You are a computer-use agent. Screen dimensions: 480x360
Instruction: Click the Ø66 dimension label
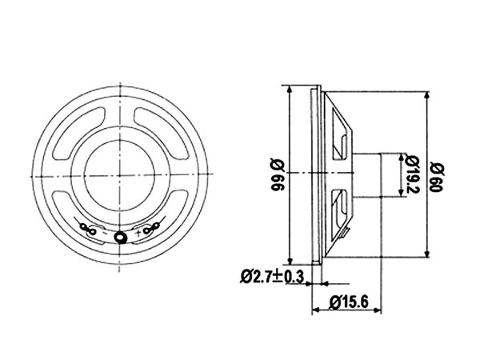coord(278,174)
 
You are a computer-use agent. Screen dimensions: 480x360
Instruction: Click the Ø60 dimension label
coord(436,178)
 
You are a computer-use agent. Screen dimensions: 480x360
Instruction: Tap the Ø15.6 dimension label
coord(349,302)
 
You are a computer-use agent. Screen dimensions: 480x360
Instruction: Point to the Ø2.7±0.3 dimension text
coord(272,277)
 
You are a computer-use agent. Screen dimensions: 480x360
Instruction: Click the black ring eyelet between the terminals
coord(121,237)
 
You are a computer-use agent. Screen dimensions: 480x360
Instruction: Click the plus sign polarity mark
coord(138,233)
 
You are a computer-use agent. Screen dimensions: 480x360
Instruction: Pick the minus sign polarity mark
coord(105,233)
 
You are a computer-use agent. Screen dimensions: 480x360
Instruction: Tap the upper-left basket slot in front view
coord(80,134)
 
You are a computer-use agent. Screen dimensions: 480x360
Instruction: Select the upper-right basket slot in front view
coord(161,134)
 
